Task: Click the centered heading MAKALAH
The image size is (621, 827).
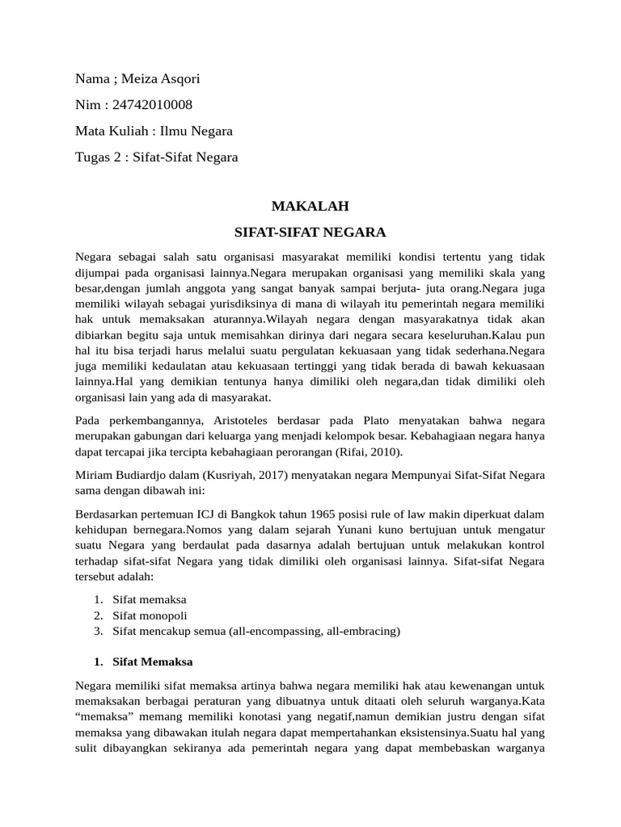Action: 310,207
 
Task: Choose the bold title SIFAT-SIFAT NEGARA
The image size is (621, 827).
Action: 310,233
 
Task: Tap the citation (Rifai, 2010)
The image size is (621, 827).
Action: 376,451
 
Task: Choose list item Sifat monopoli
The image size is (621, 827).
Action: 150,615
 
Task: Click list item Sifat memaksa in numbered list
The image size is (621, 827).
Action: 150,600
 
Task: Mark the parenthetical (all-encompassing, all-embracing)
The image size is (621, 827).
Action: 315,631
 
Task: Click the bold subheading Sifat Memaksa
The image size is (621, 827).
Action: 153,661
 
